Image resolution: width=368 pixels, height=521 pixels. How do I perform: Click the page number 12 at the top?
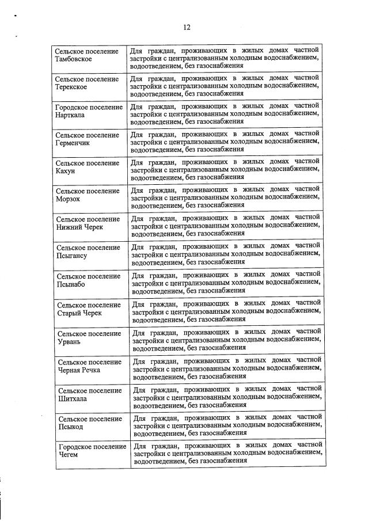(x=187, y=26)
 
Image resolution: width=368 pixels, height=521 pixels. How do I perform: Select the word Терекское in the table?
(x=71, y=87)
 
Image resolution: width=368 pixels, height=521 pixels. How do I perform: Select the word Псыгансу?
(x=72, y=256)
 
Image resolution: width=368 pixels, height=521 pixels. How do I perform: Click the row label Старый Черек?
(x=79, y=313)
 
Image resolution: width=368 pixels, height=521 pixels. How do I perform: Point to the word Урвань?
(x=70, y=341)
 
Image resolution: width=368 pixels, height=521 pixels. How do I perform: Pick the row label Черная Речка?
(x=79, y=370)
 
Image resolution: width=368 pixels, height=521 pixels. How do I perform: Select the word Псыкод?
(x=71, y=427)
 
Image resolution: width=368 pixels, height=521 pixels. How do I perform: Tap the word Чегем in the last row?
(x=69, y=455)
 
